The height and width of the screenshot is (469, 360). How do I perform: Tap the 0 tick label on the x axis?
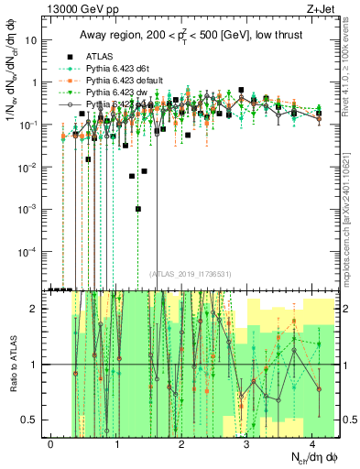50,442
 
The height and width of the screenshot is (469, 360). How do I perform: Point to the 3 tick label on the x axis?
246,442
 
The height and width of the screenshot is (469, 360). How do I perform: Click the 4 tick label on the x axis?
311,442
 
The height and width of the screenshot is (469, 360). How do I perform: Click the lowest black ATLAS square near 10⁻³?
138,208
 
